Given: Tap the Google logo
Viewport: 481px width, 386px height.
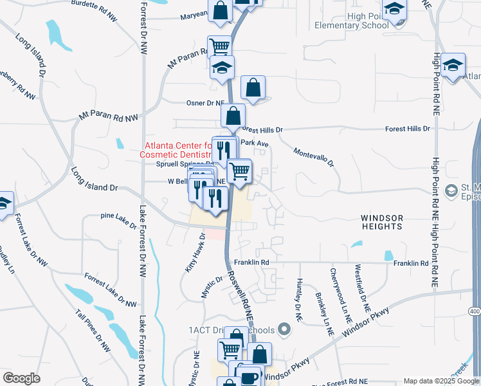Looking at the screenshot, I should (21, 378).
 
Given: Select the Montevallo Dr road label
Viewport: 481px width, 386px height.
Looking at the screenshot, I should (314, 157).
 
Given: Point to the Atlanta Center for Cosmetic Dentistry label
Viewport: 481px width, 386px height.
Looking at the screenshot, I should (178, 150).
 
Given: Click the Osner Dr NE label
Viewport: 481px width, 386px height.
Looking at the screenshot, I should (205, 103).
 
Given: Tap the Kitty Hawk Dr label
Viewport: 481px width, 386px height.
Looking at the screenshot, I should (195, 253).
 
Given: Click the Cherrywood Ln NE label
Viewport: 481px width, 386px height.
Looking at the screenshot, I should (341, 295).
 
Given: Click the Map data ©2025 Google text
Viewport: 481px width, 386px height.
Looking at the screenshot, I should (441, 381).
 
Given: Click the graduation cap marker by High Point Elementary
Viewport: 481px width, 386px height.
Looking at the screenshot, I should (394, 10).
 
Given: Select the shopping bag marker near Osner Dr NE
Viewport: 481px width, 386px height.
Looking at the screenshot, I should (253, 87).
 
